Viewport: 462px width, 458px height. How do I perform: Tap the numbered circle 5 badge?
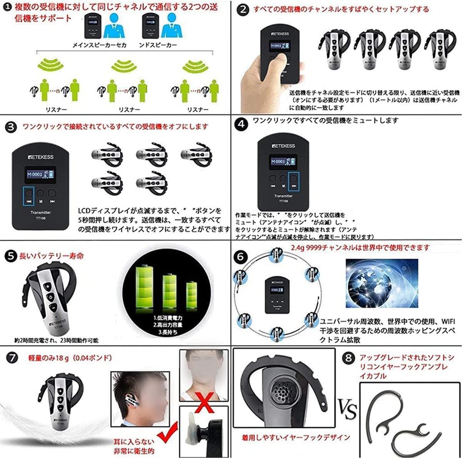pyautogui.click(x=10, y=256)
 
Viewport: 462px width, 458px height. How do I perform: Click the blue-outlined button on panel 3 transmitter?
pyautogui.click(x=29, y=195)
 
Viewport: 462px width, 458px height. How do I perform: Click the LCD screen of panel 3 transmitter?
pyautogui.click(x=40, y=174)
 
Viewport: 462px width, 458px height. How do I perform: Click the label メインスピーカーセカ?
pyautogui.click(x=99, y=46)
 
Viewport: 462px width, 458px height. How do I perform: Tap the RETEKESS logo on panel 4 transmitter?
pyautogui.click(x=283, y=146)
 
